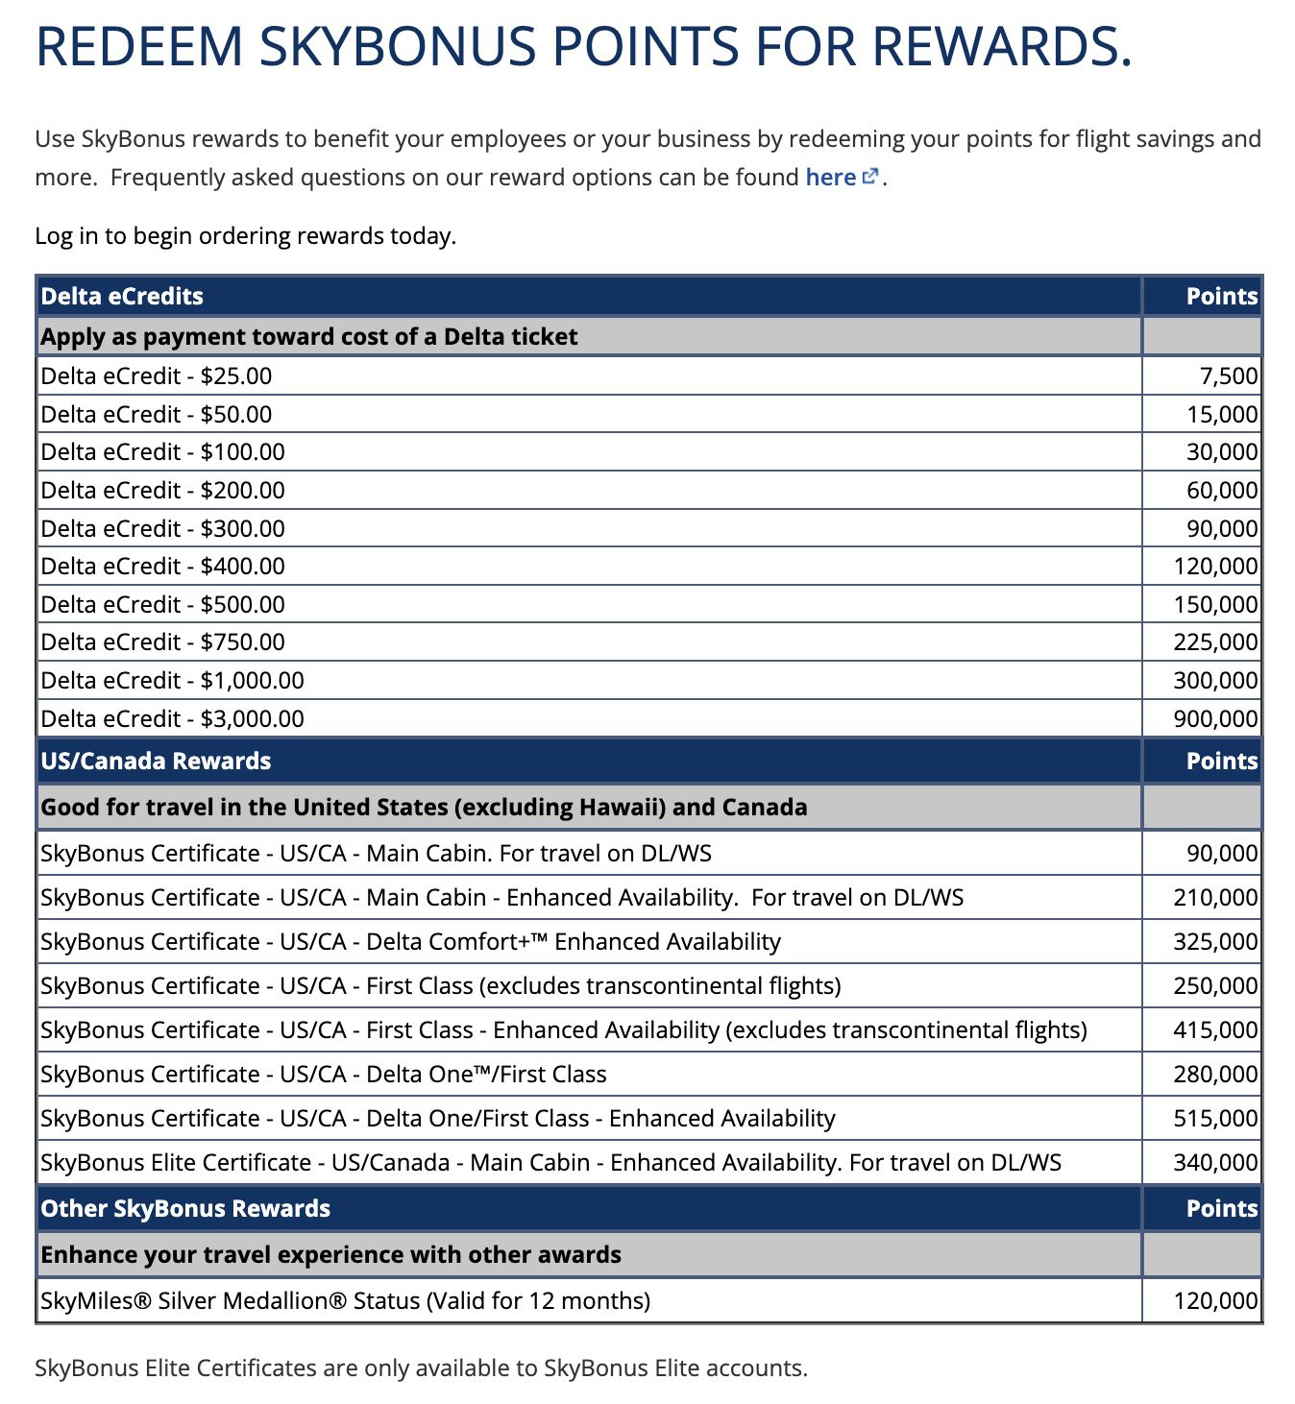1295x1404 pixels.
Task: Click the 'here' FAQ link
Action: tap(830, 178)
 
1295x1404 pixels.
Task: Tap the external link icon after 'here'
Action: tap(870, 177)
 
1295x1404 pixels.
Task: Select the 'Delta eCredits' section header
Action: tap(122, 296)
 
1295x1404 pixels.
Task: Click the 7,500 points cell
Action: tap(1228, 375)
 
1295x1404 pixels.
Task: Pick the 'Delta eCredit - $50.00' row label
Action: tap(157, 414)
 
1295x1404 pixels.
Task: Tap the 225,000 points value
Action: tap(1214, 641)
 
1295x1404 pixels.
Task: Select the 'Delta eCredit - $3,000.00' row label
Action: tap(173, 718)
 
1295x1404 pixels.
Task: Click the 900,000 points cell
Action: tap(1214, 718)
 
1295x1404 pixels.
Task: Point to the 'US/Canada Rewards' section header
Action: tap(156, 761)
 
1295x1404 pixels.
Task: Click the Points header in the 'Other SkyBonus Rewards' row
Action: tap(1221, 1208)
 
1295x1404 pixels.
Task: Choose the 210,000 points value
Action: tap(1214, 897)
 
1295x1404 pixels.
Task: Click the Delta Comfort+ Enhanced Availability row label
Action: tap(410, 941)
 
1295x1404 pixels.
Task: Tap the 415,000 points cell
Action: tap(1214, 1029)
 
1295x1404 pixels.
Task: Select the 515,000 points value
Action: tap(1214, 1118)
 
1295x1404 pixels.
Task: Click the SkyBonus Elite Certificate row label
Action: tap(550, 1162)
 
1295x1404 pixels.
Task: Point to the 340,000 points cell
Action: tap(1214, 1162)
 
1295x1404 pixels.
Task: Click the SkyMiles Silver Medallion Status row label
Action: tap(346, 1300)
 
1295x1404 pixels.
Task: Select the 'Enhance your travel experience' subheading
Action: tap(330, 1254)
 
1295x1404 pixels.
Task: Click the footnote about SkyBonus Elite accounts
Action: tap(421, 1368)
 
